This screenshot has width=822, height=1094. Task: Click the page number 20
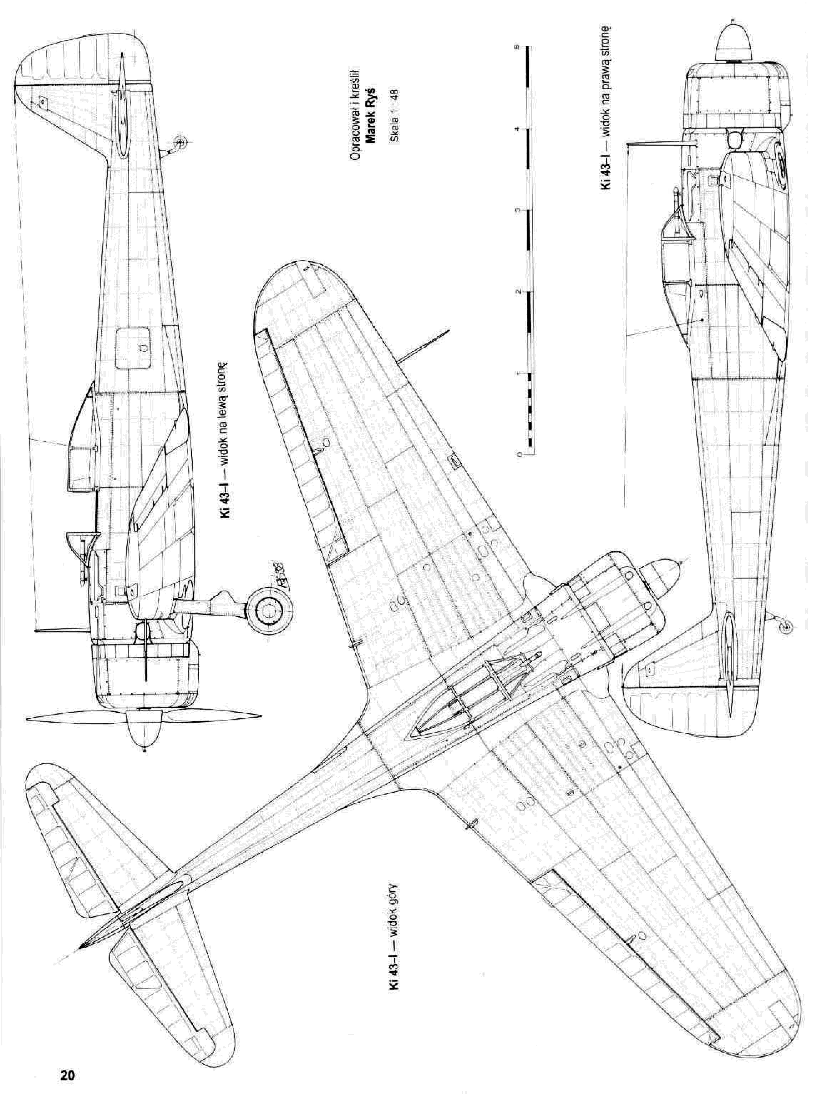point(67,1072)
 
